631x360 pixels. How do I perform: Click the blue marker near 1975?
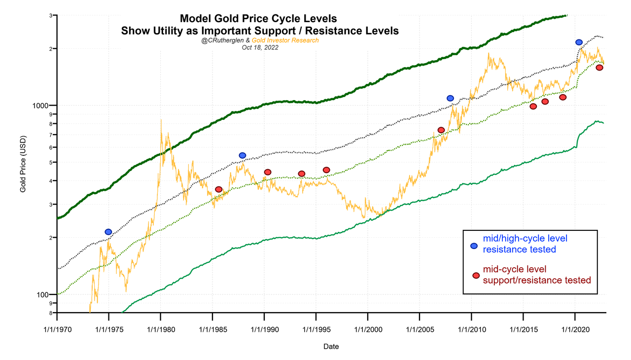(108, 232)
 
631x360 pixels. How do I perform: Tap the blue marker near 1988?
(243, 155)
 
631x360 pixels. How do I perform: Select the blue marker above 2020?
(579, 42)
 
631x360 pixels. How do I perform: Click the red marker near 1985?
(219, 189)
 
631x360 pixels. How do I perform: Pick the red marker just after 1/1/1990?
(268, 172)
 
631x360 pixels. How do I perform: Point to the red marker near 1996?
(326, 170)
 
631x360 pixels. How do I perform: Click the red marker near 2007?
(441, 130)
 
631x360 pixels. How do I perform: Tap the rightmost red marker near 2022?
(599, 68)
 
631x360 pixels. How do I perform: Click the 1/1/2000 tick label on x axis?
(367, 329)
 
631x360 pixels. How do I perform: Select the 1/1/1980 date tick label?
(160, 329)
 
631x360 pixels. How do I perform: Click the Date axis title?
(331, 347)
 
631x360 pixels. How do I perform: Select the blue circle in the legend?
(474, 246)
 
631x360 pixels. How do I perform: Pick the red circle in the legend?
(476, 276)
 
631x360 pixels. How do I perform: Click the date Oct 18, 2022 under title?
(260, 48)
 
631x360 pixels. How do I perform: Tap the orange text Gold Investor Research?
(285, 40)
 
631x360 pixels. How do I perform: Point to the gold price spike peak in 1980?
(161, 119)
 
